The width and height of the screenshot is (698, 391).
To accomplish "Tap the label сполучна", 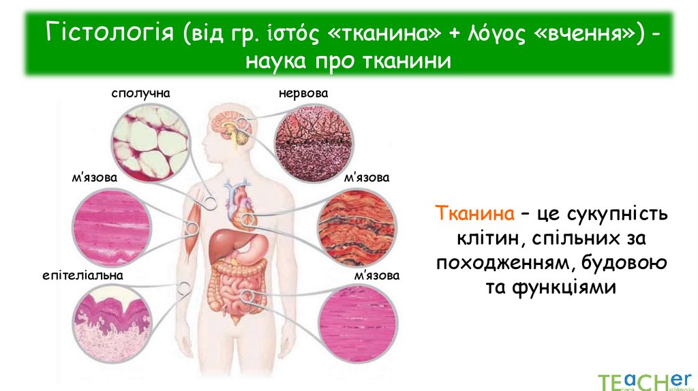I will click(140, 92).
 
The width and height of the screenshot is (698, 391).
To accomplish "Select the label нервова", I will click(303, 92).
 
